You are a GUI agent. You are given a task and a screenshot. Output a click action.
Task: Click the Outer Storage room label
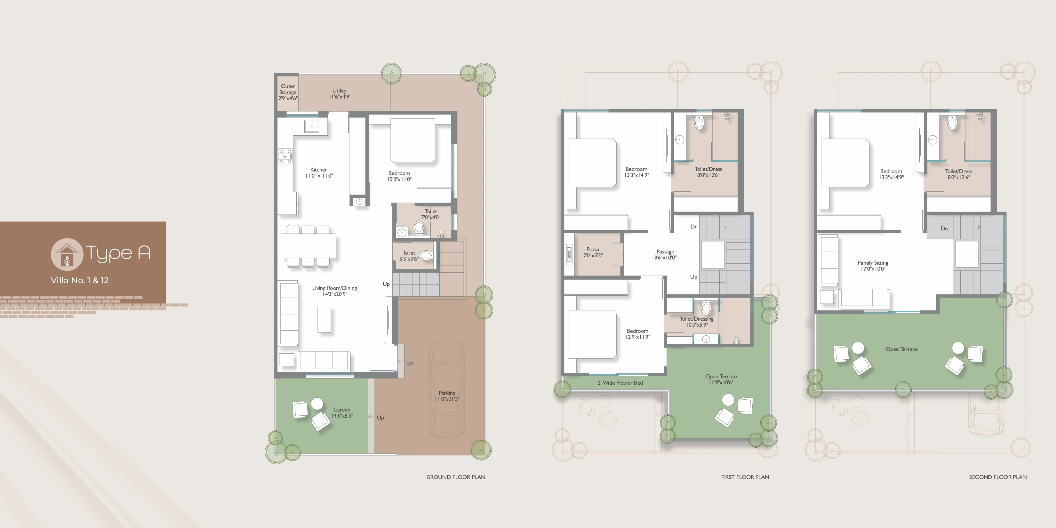pos(288,92)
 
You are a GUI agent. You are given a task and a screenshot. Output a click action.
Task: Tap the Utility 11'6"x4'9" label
pos(340,93)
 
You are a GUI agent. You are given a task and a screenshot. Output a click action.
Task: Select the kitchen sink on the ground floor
pos(312,126)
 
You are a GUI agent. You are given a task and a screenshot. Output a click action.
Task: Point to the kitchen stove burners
pos(285,156)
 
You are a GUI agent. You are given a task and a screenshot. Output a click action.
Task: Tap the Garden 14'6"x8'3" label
pos(342,412)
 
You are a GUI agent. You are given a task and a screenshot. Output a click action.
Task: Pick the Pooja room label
pos(593,252)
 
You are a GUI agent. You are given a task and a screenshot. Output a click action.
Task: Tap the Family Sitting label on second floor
pos(873,266)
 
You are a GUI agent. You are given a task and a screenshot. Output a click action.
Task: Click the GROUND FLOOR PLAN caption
pos(456,477)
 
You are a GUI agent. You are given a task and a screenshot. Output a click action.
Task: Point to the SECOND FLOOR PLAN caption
pos(998,477)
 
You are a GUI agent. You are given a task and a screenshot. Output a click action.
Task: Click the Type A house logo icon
pos(67,254)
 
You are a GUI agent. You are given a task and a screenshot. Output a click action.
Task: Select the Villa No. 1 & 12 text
pos(80,280)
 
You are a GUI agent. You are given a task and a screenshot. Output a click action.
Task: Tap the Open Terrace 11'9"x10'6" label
pos(721,379)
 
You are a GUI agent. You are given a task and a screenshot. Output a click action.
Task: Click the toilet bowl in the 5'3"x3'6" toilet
pos(426,255)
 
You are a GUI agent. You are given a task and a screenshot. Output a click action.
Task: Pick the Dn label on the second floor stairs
pos(944,229)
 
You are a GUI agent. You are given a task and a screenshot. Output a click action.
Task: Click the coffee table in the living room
pos(324,319)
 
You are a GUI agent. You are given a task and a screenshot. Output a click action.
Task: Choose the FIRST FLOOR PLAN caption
pos(745,477)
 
